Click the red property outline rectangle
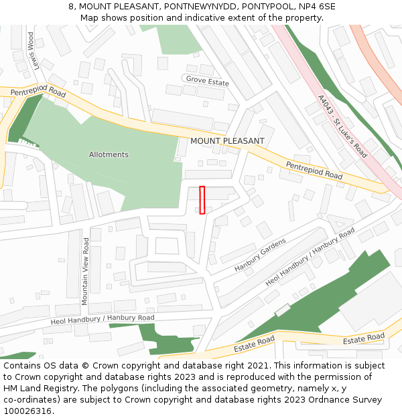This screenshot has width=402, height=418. (202, 200)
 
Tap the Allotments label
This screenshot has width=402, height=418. (109, 154)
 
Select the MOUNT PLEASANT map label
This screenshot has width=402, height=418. (227, 141)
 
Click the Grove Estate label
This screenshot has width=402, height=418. (208, 82)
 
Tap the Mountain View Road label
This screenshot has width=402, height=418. (85, 271)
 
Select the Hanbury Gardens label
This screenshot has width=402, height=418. (260, 255)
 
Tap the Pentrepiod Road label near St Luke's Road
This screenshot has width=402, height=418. (314, 170)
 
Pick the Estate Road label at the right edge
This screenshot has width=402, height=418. (364, 338)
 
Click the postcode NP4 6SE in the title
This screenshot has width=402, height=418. (318, 7)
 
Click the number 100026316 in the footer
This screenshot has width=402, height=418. (27, 411)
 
